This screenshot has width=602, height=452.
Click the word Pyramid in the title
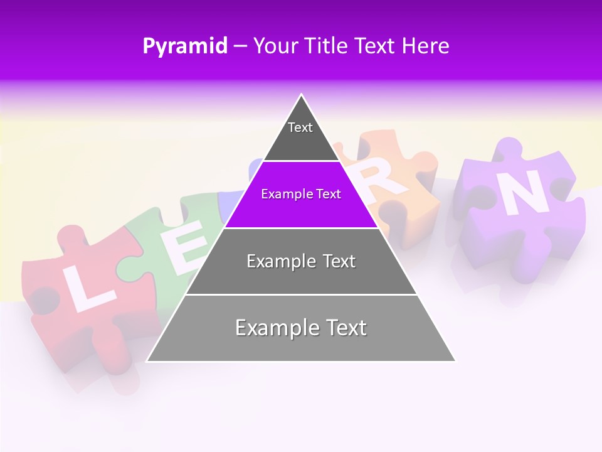[x=184, y=46]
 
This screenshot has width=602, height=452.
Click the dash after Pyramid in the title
[x=240, y=46]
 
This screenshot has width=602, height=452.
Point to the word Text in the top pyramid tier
[x=300, y=127]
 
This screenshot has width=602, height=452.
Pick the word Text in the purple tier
[x=328, y=194]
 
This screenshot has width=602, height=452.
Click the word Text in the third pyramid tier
[x=339, y=261]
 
